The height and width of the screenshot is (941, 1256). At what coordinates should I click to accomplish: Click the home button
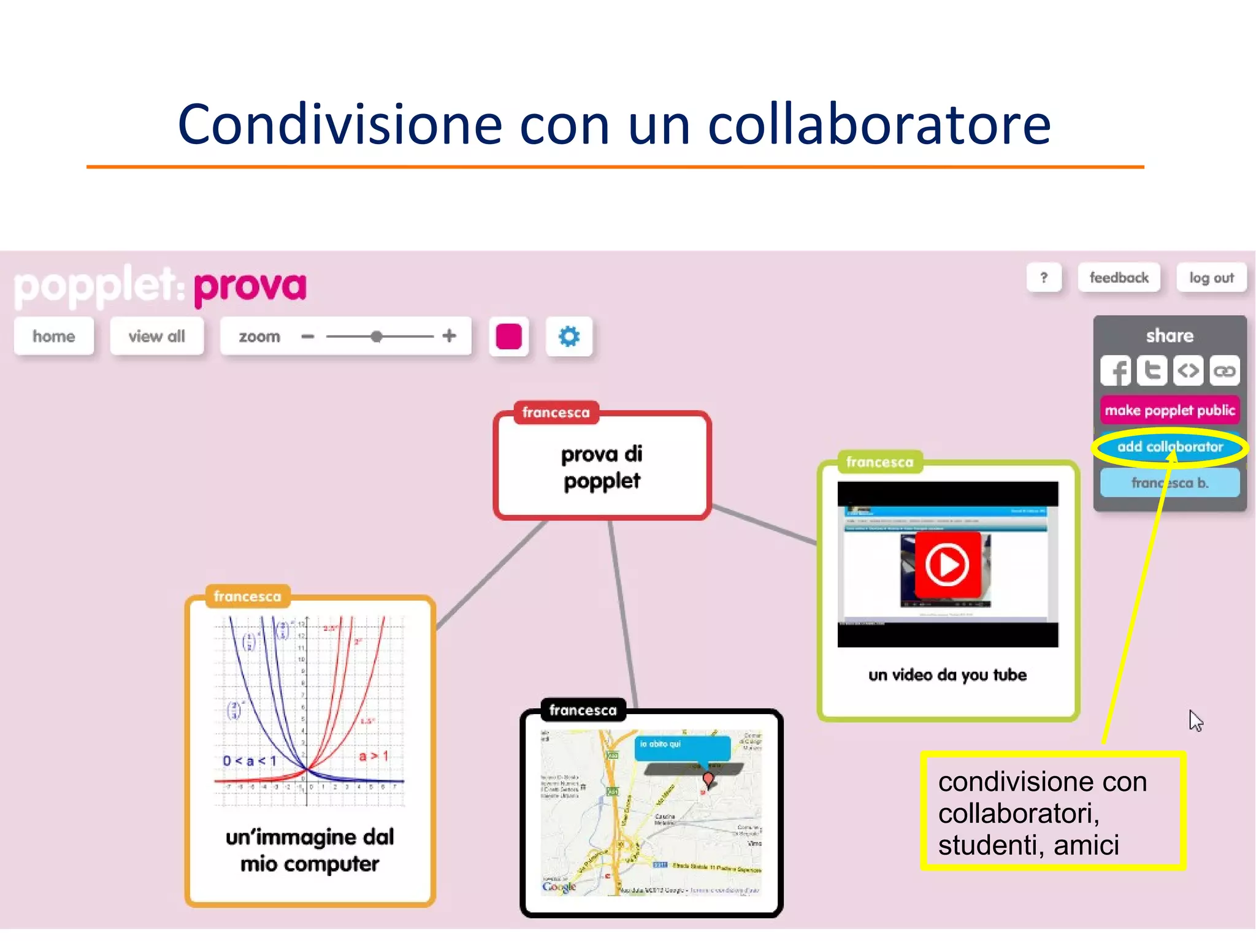tap(54, 337)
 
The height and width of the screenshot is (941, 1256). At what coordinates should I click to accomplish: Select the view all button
tap(156, 337)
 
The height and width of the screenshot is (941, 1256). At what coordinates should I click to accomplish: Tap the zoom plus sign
tap(450, 336)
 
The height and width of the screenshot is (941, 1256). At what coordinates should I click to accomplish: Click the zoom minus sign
tap(308, 337)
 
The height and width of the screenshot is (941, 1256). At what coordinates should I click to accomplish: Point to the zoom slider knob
tap(377, 337)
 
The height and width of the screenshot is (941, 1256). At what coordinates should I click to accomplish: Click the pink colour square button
tap(508, 337)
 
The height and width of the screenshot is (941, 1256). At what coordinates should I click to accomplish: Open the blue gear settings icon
tap(569, 337)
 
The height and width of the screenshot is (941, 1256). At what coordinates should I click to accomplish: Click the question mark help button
tap(1044, 278)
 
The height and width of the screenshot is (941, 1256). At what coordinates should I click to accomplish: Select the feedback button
tap(1119, 278)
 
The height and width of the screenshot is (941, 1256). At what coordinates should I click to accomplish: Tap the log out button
tap(1211, 278)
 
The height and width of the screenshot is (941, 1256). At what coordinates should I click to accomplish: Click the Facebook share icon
tap(1116, 371)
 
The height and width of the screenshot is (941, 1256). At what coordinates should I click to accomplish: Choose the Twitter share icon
tap(1152, 371)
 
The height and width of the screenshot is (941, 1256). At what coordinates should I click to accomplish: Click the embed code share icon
tap(1188, 371)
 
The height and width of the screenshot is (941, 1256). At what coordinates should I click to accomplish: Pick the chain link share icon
tap(1224, 371)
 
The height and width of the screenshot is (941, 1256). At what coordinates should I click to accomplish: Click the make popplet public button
tap(1170, 411)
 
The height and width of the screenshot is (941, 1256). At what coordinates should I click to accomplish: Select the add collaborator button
tap(1170, 447)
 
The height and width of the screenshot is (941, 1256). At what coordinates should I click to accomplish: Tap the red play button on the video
tap(946, 565)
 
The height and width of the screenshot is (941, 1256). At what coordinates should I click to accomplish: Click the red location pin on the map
tap(708, 779)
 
